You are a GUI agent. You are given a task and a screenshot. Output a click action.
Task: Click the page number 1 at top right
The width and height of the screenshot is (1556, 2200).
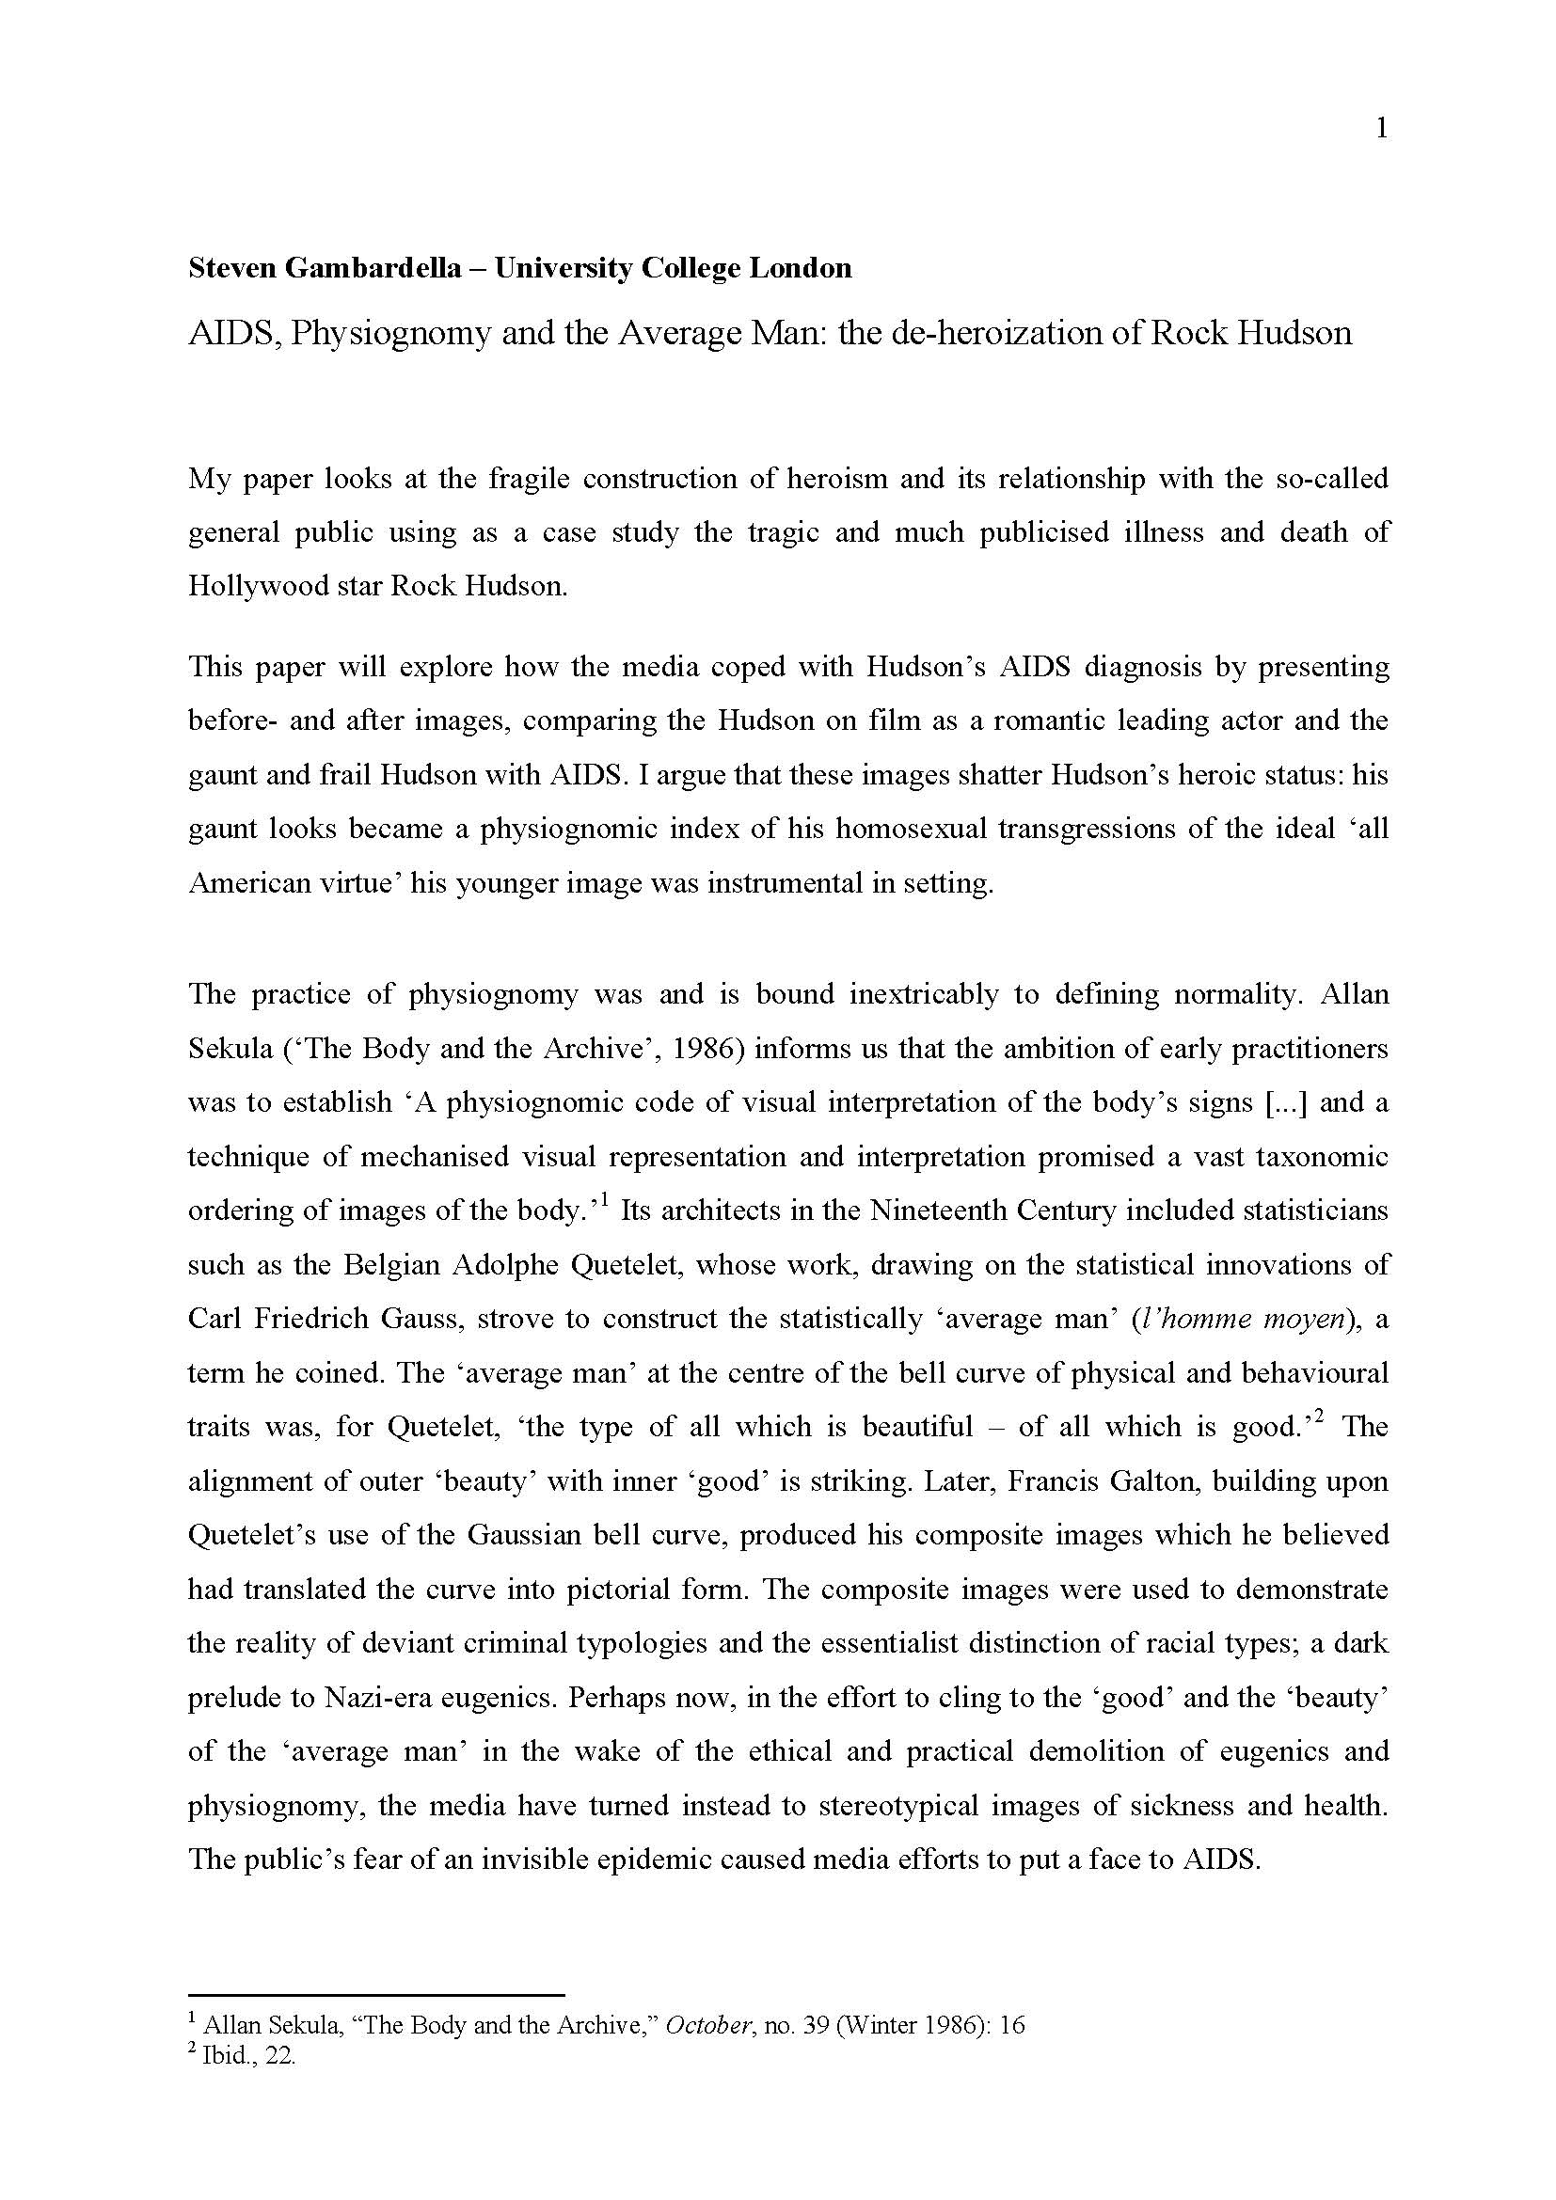coord(1381,129)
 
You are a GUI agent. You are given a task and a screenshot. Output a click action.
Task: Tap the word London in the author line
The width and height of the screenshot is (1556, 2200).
coord(800,267)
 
